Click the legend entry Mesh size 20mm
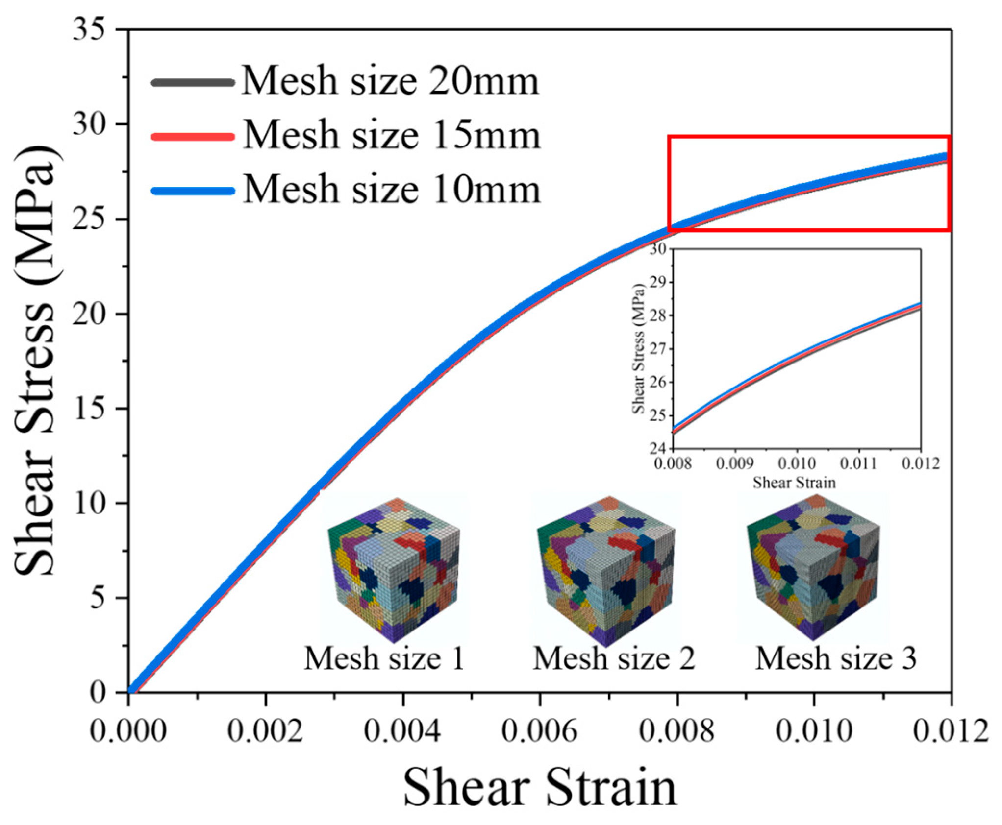click(x=390, y=81)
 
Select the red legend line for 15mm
click(x=193, y=137)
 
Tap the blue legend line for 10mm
click(x=193, y=191)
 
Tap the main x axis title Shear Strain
click(x=540, y=787)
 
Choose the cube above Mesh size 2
click(x=606, y=571)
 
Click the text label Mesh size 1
click(x=384, y=658)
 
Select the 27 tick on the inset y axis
click(x=658, y=349)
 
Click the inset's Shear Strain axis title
click(x=794, y=483)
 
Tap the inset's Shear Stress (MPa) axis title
click(x=638, y=349)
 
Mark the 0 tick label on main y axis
click(x=98, y=692)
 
